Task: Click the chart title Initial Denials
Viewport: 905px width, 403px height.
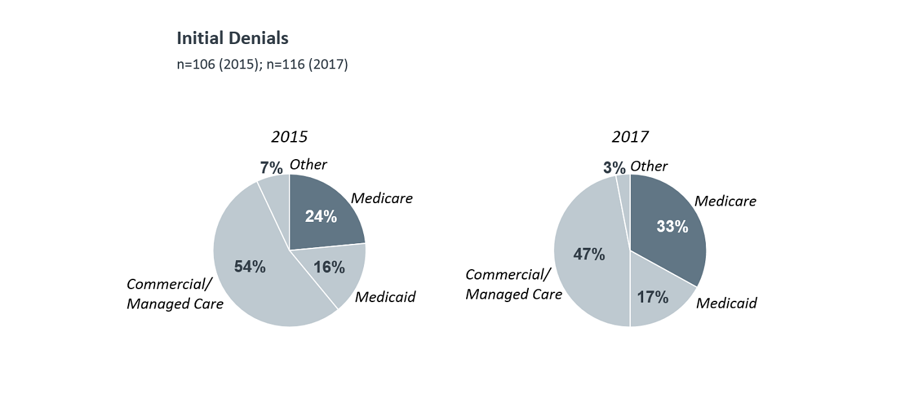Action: pyautogui.click(x=233, y=39)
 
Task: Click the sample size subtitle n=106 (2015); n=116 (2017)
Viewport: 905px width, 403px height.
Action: pyautogui.click(x=262, y=65)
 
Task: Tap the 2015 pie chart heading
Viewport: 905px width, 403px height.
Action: pyautogui.click(x=289, y=137)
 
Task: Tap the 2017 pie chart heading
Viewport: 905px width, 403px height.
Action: pyautogui.click(x=630, y=137)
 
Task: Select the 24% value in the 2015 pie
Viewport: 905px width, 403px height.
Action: pyautogui.click(x=321, y=217)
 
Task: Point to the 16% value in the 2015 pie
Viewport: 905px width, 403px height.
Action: pyautogui.click(x=329, y=267)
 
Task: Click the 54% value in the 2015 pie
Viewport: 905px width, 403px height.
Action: pyautogui.click(x=250, y=267)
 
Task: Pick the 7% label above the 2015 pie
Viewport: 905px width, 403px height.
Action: pyautogui.click(x=271, y=168)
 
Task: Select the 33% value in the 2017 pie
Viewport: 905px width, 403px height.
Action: pyautogui.click(x=672, y=227)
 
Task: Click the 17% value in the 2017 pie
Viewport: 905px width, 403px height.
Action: pyautogui.click(x=652, y=298)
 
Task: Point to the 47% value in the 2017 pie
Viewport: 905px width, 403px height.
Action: pyautogui.click(x=589, y=254)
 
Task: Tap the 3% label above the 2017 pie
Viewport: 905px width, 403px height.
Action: pyautogui.click(x=614, y=168)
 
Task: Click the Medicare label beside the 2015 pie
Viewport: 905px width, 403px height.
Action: pyautogui.click(x=381, y=198)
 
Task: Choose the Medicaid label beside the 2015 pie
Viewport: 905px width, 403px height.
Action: pyautogui.click(x=385, y=297)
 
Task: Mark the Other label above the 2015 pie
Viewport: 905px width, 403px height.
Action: pyautogui.click(x=308, y=164)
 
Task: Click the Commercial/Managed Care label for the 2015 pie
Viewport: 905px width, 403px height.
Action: pyautogui.click(x=175, y=294)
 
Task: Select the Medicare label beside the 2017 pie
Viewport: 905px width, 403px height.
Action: pyautogui.click(x=725, y=201)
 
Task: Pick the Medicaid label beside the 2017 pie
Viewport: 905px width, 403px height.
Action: pyautogui.click(x=726, y=303)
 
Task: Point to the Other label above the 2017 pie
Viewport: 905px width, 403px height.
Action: pyautogui.click(x=649, y=166)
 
